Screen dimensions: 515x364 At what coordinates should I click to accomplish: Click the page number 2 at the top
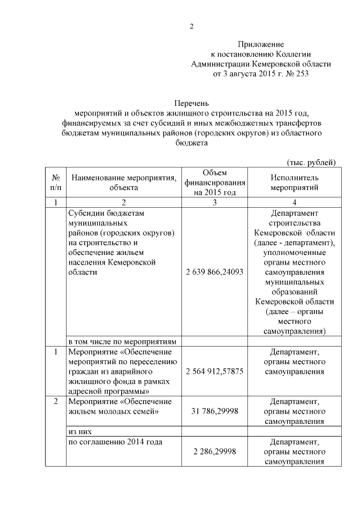pyautogui.click(x=192, y=26)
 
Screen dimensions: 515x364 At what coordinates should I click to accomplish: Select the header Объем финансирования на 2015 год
pyautogui.click(x=214, y=182)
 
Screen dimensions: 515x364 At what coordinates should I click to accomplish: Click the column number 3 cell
pyautogui.click(x=214, y=203)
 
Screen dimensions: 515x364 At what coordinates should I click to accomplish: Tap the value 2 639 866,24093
pyautogui.click(x=214, y=272)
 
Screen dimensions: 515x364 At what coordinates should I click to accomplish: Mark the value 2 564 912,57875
pyautogui.click(x=214, y=371)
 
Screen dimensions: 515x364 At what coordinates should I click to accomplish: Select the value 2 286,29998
pyautogui.click(x=214, y=451)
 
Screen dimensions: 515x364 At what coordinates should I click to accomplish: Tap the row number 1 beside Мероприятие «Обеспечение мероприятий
pyautogui.click(x=55, y=352)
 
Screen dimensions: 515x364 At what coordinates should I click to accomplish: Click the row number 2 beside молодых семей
pyautogui.click(x=55, y=402)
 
